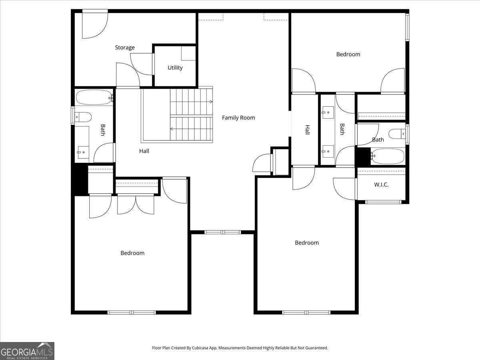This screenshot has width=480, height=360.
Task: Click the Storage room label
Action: (x=125, y=48)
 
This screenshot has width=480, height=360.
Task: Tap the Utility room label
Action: (x=175, y=68)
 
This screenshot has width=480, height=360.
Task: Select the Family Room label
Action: (x=238, y=118)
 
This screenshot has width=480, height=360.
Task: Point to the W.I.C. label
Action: (x=381, y=185)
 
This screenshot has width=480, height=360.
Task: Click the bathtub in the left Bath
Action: (x=94, y=97)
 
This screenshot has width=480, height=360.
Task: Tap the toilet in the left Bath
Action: (x=83, y=117)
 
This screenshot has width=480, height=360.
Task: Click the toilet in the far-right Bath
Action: (x=397, y=134)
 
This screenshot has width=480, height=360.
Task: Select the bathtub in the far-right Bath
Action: (x=387, y=156)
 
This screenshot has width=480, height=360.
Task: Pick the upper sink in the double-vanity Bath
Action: (x=328, y=112)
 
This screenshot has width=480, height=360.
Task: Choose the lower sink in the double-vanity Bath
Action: (x=328, y=151)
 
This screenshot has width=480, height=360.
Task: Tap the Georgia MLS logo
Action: (x=27, y=351)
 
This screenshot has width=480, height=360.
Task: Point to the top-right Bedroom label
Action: (x=348, y=54)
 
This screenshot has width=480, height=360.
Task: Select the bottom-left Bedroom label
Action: (x=132, y=253)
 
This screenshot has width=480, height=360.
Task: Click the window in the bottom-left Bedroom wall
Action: (x=132, y=312)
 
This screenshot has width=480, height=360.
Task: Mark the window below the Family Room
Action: (x=223, y=232)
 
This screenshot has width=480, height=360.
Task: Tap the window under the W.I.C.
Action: (x=383, y=202)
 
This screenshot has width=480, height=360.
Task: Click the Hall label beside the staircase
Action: (x=144, y=151)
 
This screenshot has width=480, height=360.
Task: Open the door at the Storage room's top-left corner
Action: (x=94, y=24)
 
